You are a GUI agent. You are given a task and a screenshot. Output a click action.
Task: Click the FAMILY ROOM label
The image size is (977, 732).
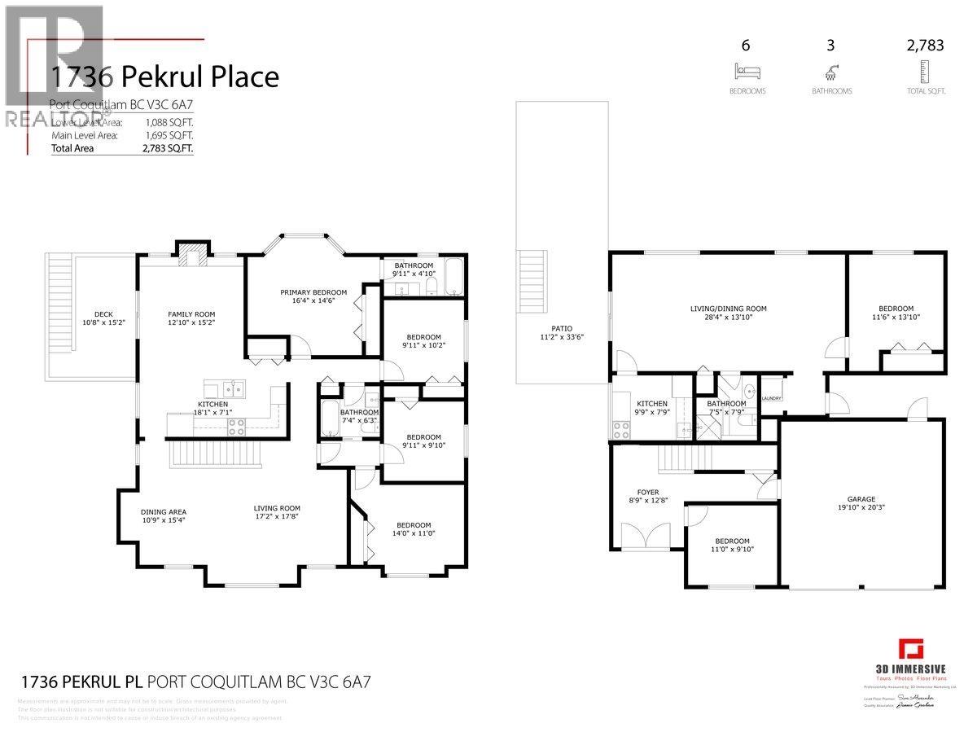(191, 313)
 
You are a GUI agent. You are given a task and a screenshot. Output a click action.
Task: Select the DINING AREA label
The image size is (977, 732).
(164, 512)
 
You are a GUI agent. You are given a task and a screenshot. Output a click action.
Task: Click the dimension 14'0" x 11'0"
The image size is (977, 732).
(413, 535)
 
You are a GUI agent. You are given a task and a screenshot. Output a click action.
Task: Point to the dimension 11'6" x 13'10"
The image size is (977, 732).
(895, 318)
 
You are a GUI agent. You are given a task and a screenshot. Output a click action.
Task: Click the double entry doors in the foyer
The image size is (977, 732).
(645, 536)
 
